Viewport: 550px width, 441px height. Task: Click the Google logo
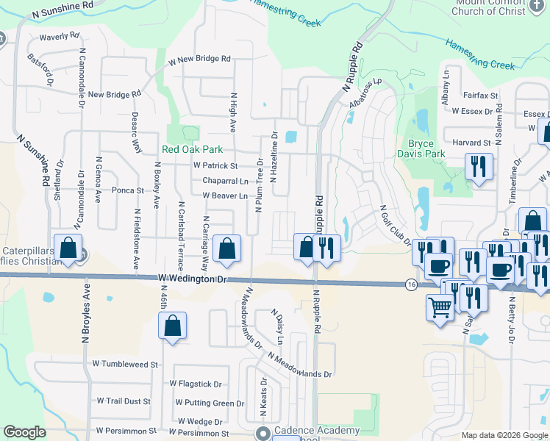point(24,432)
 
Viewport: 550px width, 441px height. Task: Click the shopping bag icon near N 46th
point(171,326)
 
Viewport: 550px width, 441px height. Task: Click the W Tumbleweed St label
point(125,364)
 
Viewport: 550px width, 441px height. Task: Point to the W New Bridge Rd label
point(199,59)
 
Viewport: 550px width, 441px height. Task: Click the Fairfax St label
point(481,96)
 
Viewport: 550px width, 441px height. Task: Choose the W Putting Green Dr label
point(210,403)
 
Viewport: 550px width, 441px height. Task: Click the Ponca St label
point(127,190)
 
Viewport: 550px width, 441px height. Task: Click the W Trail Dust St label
point(124,401)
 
